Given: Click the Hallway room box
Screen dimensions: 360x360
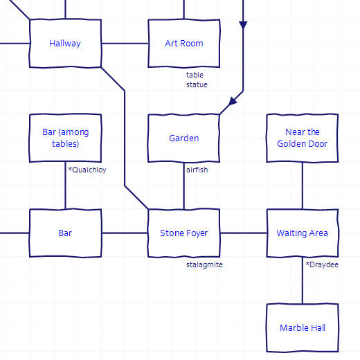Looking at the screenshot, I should tap(65, 44).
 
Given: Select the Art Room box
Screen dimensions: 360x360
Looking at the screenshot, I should tap(184, 44).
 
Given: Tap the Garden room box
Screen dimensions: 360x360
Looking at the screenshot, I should tap(184, 138).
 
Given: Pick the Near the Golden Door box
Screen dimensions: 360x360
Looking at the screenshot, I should tap(303, 138).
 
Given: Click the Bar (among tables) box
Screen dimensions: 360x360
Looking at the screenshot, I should tap(65, 138).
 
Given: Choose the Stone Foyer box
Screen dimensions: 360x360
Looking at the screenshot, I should tap(184, 233).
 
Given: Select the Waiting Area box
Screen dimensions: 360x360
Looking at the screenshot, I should tap(303, 233).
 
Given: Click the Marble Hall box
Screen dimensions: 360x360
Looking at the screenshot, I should tap(303, 328).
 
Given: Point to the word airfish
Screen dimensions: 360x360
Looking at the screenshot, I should tap(197, 170).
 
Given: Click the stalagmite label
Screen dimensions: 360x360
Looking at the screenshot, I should tap(204, 264).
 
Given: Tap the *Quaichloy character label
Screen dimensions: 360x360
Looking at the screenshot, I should tap(87, 170).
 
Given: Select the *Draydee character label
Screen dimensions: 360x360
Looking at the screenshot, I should tap(322, 264).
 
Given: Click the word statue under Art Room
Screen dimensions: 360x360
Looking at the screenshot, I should tap(197, 84).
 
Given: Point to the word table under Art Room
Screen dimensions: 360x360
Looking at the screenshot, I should tap(195, 75).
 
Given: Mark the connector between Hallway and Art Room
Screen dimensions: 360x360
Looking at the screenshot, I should tap(125, 44).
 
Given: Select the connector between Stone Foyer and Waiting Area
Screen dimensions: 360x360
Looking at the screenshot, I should tap(243, 233).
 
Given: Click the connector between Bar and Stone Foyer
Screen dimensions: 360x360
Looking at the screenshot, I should tap(125, 233).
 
